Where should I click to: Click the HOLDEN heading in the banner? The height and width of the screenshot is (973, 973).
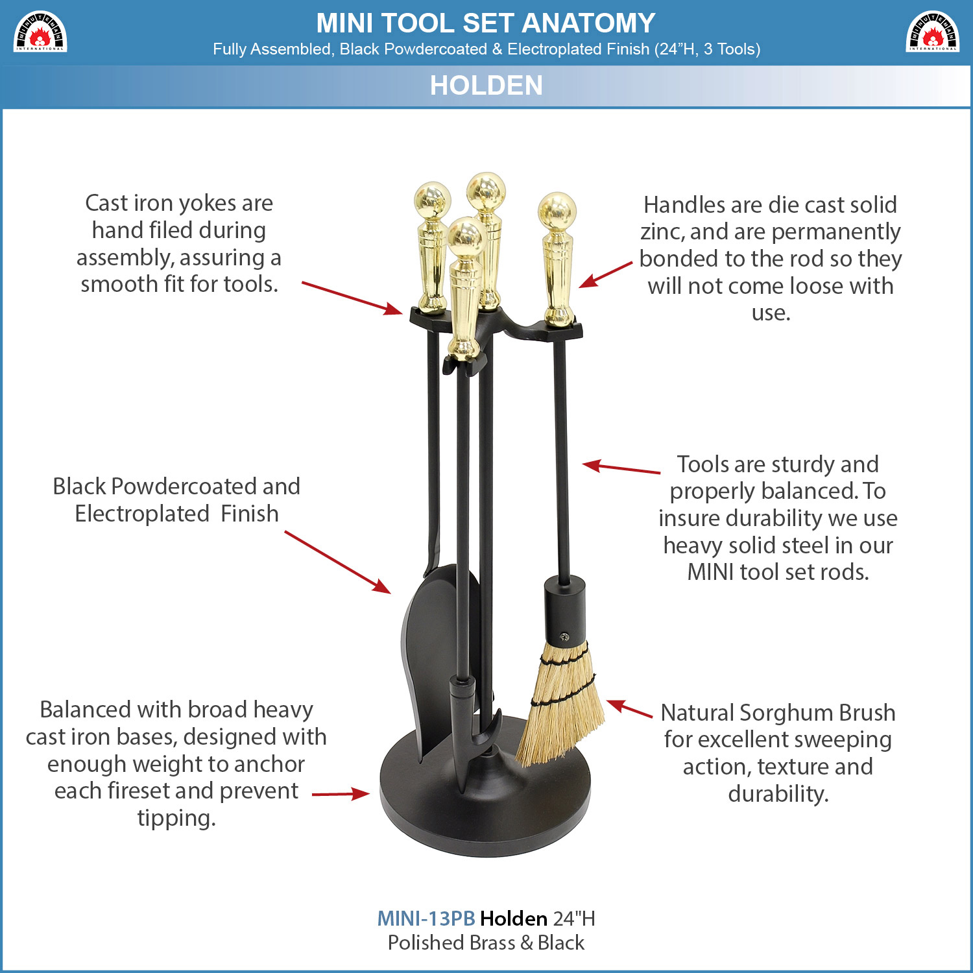click(486, 86)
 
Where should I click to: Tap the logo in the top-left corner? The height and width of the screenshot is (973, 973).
click(40, 32)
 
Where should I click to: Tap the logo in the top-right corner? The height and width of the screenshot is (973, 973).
click(933, 32)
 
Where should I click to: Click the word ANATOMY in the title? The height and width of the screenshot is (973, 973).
click(588, 23)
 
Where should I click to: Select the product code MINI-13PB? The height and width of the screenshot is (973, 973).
click(426, 919)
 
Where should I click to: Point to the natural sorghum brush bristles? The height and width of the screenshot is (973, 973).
click(560, 704)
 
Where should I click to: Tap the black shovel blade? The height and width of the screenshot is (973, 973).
click(435, 655)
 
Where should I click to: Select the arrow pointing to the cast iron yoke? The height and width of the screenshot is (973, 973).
click(352, 298)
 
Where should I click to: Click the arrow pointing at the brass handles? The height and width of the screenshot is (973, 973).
click(605, 274)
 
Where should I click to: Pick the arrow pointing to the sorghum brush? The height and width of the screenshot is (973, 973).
click(629, 708)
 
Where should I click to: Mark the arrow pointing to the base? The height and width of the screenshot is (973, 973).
click(341, 794)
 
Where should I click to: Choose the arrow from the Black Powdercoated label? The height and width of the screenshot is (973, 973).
click(337, 562)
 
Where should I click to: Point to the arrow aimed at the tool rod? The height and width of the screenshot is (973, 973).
click(621, 468)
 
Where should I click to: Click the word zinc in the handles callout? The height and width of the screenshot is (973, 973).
click(662, 232)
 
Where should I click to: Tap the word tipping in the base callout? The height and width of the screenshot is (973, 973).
click(176, 819)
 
